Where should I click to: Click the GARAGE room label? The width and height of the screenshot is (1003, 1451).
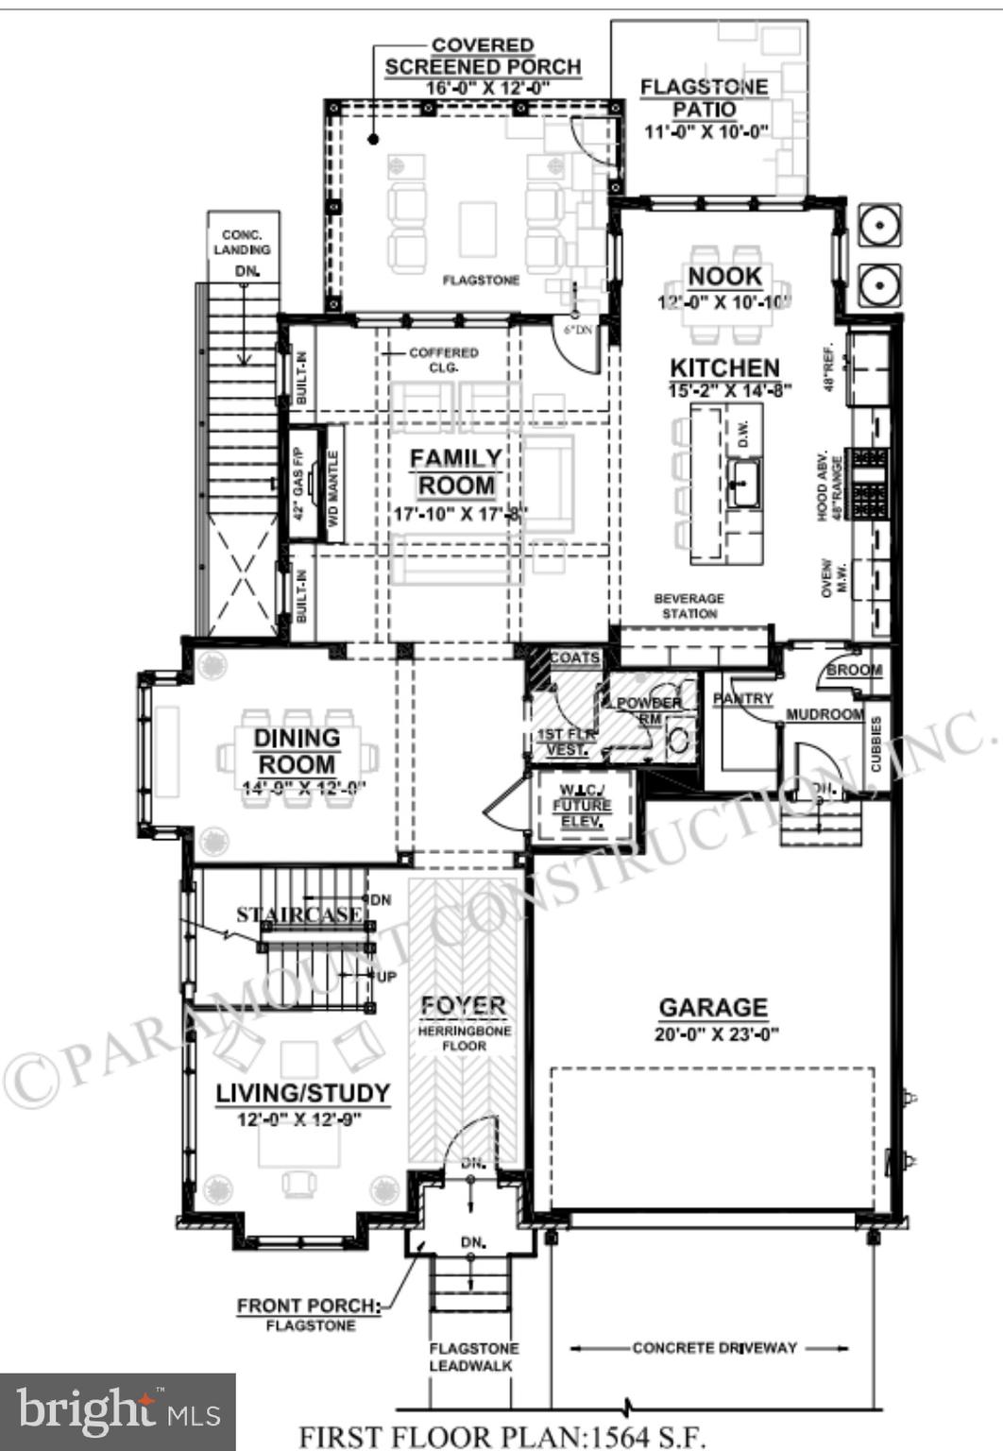(713, 1007)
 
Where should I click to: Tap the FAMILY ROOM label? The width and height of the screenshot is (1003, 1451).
(456, 471)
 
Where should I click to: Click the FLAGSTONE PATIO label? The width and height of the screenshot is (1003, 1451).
(705, 97)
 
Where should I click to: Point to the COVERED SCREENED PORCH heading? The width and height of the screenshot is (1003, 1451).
(483, 57)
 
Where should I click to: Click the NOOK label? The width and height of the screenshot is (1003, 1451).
(724, 277)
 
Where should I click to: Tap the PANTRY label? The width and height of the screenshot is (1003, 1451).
(743, 698)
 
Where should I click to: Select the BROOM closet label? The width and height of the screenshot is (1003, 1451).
(854, 670)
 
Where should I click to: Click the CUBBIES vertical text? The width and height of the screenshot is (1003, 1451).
(875, 743)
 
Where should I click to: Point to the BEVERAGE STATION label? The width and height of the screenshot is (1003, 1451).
(689, 606)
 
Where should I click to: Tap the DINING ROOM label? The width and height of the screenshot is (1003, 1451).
(297, 751)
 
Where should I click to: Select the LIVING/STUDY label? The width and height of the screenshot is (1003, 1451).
(302, 1093)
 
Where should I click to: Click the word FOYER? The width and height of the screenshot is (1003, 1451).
(463, 1006)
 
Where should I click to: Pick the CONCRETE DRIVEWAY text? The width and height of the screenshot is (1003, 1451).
(715, 1348)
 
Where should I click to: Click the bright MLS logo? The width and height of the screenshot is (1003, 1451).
(117, 1411)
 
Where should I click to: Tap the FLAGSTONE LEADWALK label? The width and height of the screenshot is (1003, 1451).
(474, 1357)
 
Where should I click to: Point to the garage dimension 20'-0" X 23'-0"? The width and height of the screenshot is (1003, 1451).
(716, 1033)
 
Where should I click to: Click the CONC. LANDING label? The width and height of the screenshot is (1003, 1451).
(243, 242)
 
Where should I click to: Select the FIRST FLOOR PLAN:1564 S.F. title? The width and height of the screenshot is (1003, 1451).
(502, 1436)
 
